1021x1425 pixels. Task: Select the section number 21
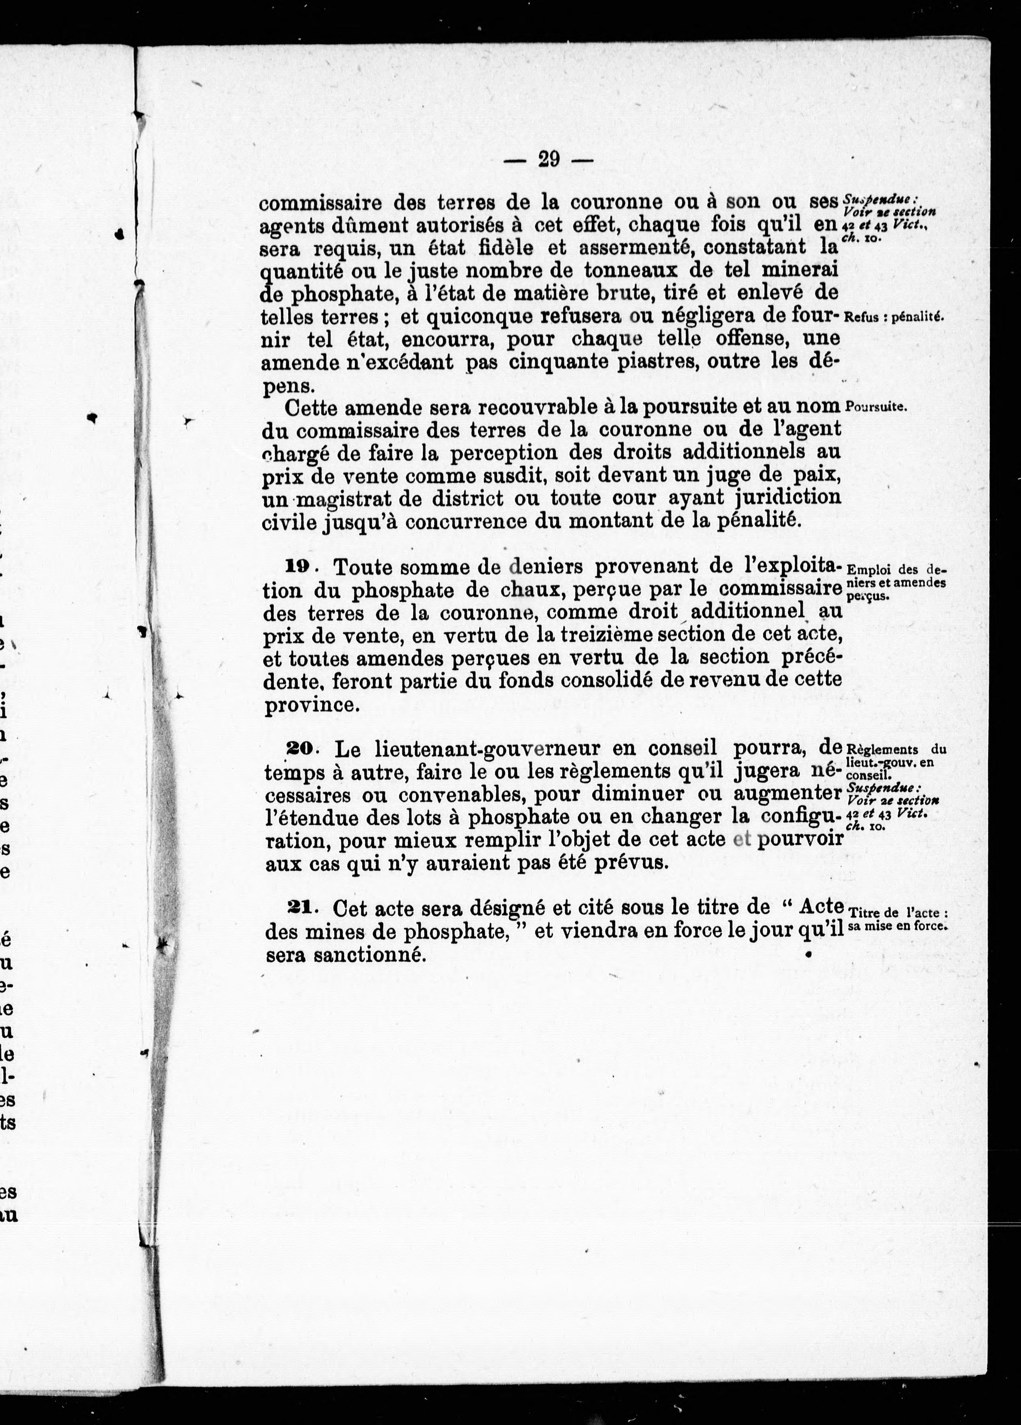[300, 907]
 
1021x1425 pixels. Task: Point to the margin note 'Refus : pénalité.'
[895, 317]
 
